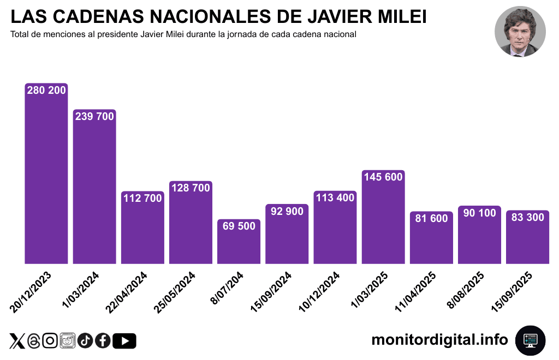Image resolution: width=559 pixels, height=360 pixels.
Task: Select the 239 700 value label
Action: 94,116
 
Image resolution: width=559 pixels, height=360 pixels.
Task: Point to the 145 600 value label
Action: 383,177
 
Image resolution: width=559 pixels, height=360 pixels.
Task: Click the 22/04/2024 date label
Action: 127,291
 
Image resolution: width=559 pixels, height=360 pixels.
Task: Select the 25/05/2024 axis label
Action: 175,291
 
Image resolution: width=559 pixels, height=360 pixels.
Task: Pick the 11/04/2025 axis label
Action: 415,291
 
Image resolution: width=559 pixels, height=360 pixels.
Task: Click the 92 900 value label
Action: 287,211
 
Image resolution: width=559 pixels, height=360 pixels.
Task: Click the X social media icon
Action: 17,341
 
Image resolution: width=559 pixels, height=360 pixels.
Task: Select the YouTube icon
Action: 124,341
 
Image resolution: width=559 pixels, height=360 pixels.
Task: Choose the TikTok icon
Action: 85,341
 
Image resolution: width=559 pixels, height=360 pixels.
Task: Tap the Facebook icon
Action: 103,341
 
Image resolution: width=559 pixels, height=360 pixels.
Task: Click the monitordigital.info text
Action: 439,340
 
